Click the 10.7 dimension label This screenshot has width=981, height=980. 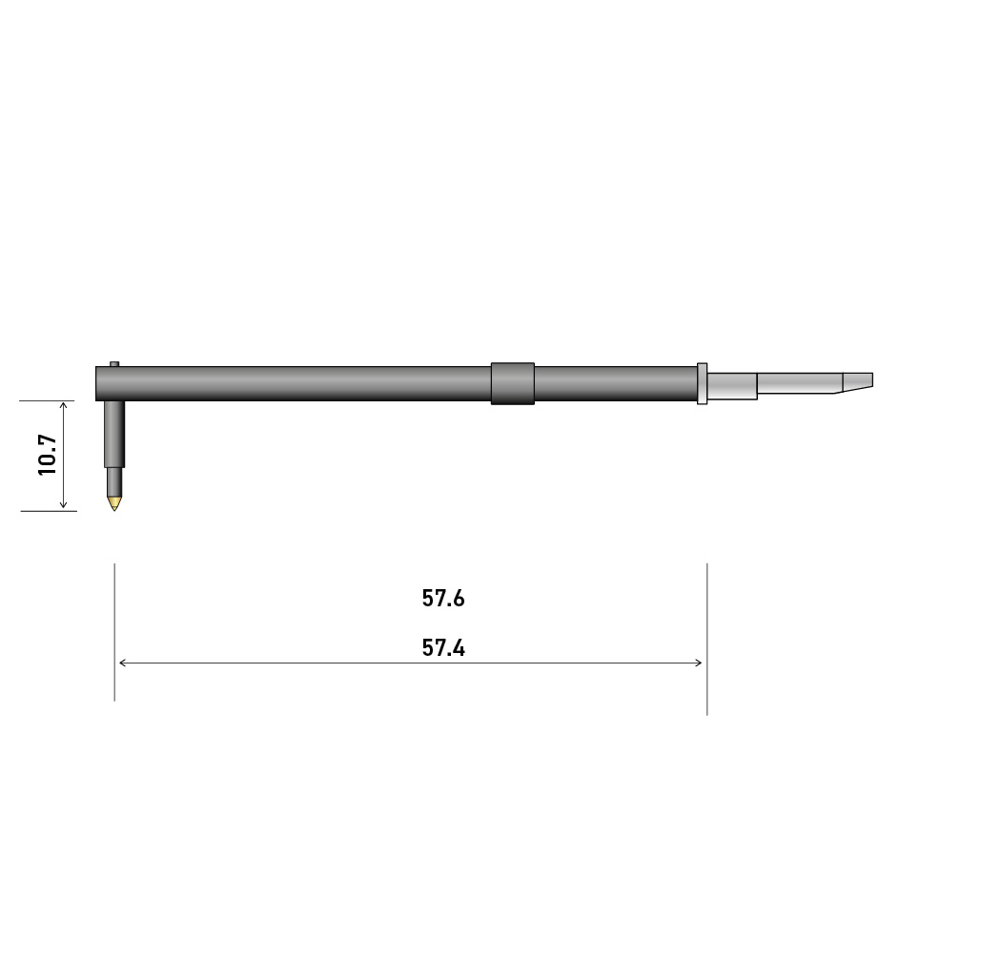[x=48, y=455]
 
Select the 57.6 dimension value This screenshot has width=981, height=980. [x=443, y=599]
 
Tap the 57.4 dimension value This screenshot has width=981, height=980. [x=443, y=647]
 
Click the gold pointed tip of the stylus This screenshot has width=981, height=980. [x=114, y=502]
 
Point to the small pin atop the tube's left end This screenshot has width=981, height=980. [x=114, y=364]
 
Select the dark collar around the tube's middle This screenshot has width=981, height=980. [x=512, y=383]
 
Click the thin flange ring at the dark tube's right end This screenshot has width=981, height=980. [x=702, y=383]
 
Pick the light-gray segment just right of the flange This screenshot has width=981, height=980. [x=732, y=385]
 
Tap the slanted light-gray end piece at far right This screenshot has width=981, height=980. [x=858, y=382]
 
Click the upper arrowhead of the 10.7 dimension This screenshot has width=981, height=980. [x=63, y=405]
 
